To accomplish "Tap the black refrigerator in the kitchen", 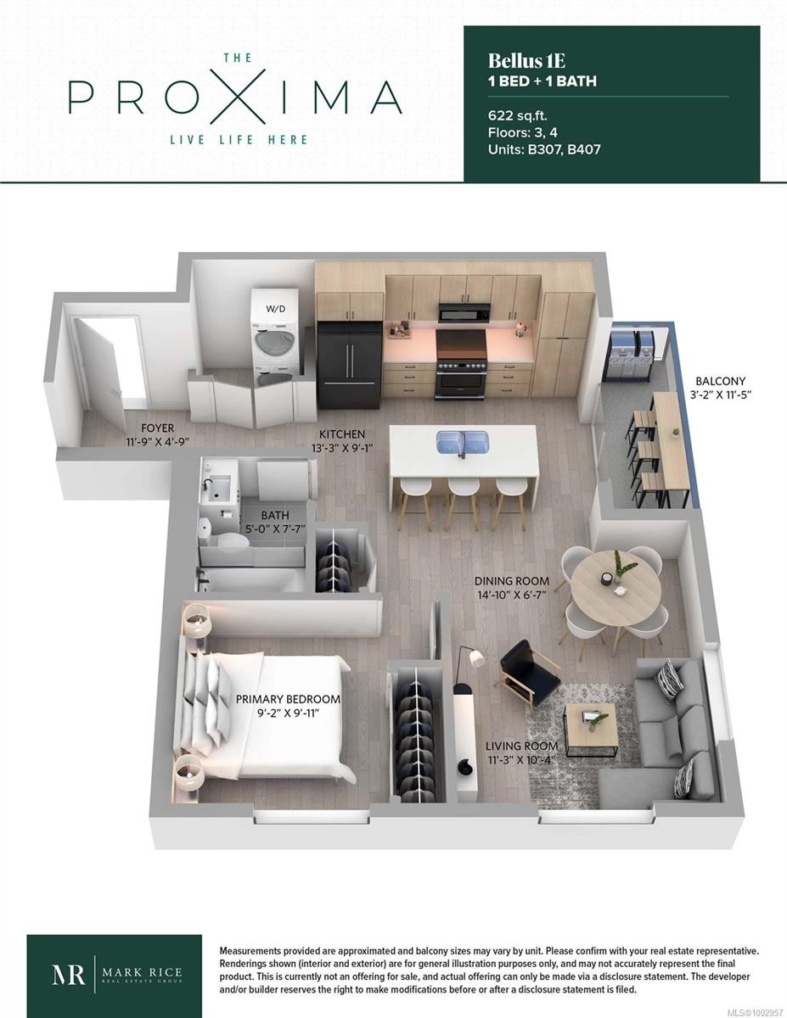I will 349,364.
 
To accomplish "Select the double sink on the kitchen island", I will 463,442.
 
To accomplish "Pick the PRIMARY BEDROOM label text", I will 288,699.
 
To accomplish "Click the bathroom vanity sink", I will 218,485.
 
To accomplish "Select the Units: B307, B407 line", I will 545,149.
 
